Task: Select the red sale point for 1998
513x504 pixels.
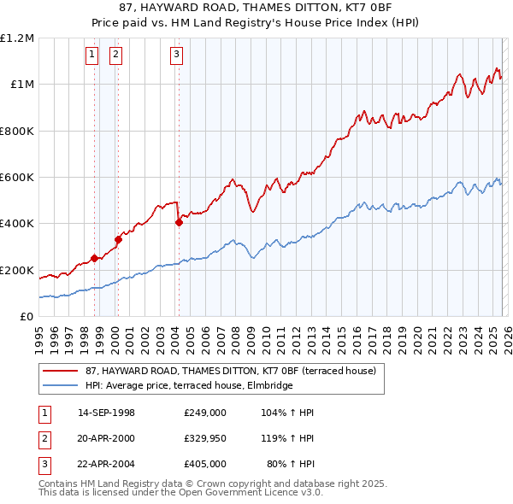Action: pyautogui.click(x=93, y=258)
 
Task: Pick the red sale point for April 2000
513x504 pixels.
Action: pyautogui.click(x=118, y=239)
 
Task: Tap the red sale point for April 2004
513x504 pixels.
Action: pyautogui.click(x=179, y=222)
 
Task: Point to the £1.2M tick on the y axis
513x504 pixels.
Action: pyautogui.click(x=17, y=38)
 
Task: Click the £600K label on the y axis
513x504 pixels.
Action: pyautogui.click(x=17, y=178)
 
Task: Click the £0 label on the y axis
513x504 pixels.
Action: pyautogui.click(x=26, y=317)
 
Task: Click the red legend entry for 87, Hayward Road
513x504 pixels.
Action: pyautogui.click(x=229, y=372)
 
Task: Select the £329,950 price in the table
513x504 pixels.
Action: pyautogui.click(x=204, y=438)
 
